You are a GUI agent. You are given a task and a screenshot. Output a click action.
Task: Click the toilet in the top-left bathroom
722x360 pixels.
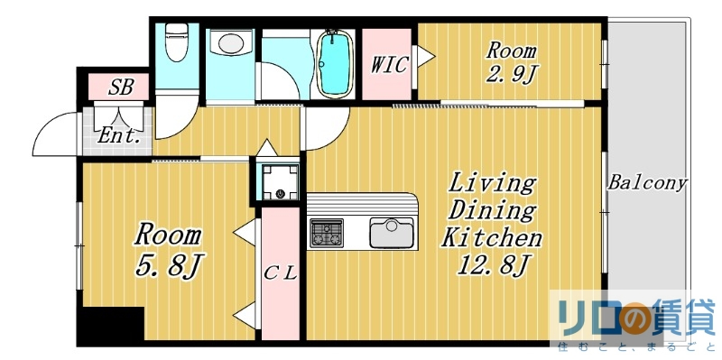pyautogui.click(x=176, y=40)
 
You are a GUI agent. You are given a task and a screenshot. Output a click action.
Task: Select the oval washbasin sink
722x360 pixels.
pyautogui.click(x=233, y=43)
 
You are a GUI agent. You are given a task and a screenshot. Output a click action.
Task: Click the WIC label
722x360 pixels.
pyautogui.click(x=389, y=65)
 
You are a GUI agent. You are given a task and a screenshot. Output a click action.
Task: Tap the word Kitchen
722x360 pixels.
pyautogui.click(x=491, y=238)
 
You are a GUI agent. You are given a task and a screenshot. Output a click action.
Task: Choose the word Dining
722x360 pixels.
pyautogui.click(x=493, y=211)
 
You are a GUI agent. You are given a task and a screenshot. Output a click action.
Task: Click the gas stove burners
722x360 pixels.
pyautogui.click(x=327, y=233)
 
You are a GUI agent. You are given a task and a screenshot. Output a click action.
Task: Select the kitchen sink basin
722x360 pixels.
pyautogui.click(x=390, y=233)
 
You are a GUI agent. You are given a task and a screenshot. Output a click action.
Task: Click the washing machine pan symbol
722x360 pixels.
pyautogui.click(x=279, y=181)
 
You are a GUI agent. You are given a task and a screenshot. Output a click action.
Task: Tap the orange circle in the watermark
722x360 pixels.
pyautogui.click(x=628, y=317)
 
